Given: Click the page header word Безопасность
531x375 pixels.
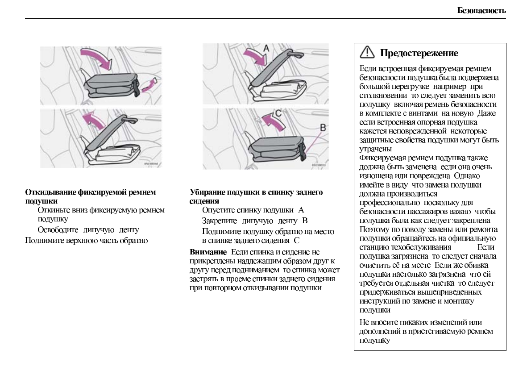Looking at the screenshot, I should click(x=482, y=10).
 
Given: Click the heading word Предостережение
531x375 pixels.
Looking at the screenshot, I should click(x=419, y=53).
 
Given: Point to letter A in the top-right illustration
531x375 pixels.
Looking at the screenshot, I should click(x=265, y=47).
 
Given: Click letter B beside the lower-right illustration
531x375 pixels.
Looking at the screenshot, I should click(x=323, y=127).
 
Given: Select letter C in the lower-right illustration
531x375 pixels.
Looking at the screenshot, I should click(x=278, y=113).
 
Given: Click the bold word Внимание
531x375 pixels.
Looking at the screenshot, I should click(x=208, y=252).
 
